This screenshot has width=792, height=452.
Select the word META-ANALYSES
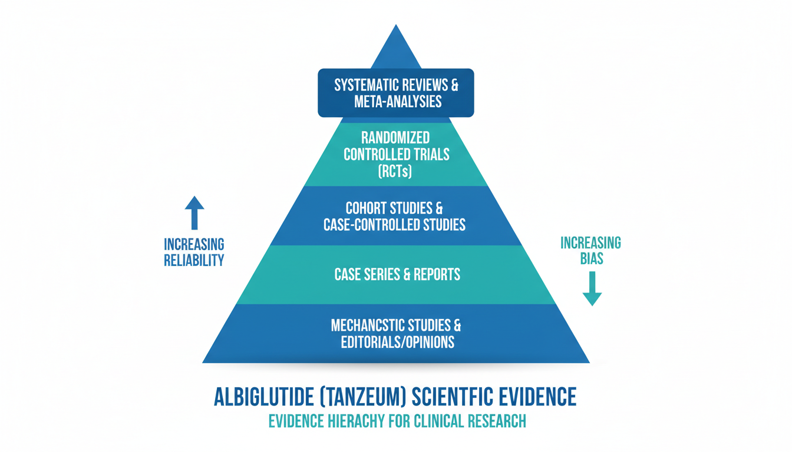398,101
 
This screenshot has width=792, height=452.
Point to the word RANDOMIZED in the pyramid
396,138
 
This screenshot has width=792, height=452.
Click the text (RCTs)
396,171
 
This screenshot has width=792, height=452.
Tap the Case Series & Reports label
397,275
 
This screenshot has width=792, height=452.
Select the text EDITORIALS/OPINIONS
398,342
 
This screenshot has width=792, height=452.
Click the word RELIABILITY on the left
194,260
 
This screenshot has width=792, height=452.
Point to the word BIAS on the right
591,258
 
